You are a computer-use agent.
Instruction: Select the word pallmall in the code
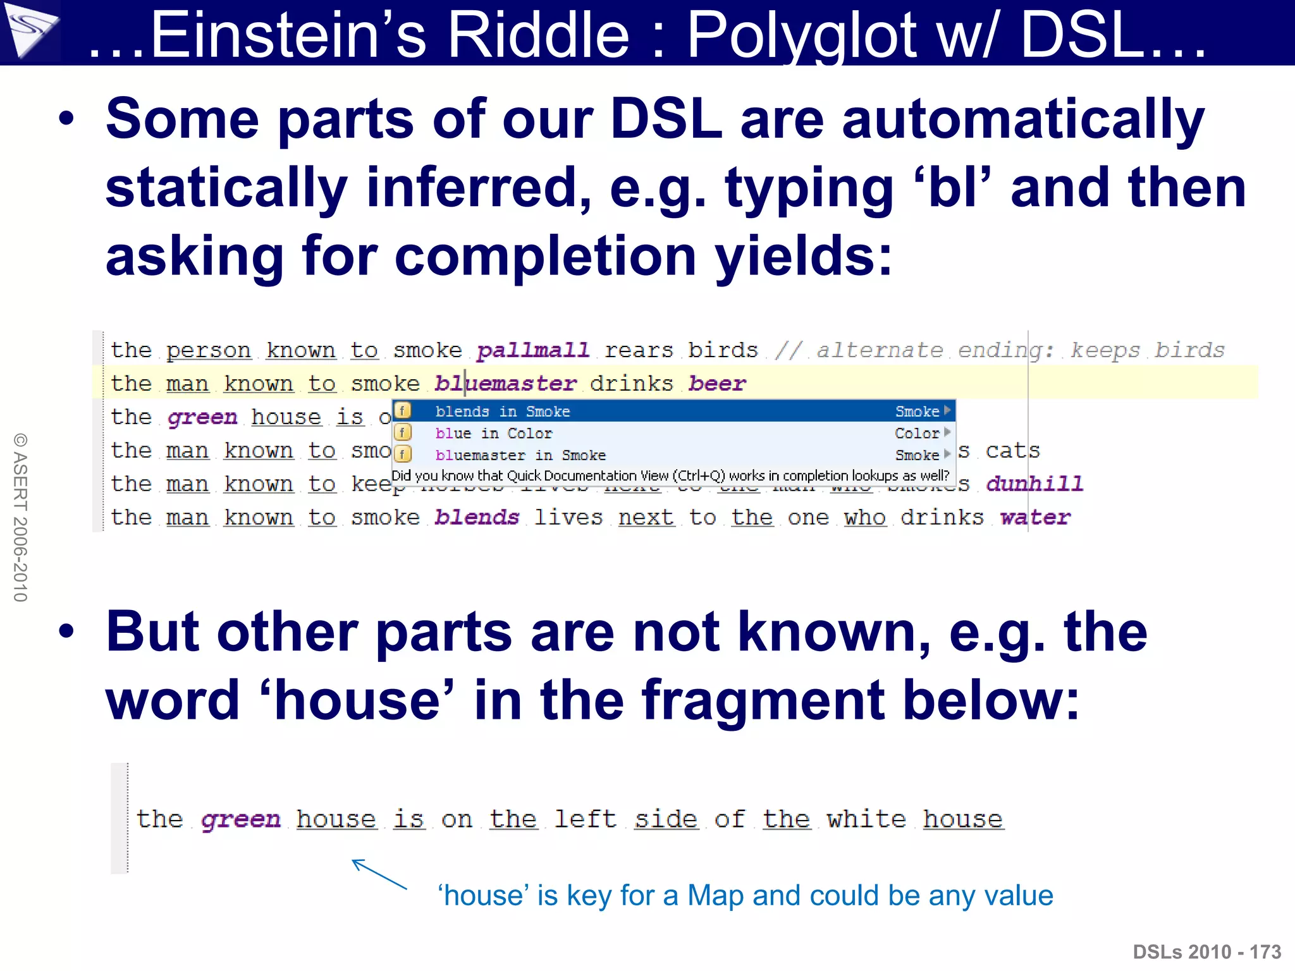coord(532,350)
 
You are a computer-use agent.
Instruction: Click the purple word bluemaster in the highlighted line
coord(505,384)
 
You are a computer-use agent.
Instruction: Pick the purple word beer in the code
coord(717,384)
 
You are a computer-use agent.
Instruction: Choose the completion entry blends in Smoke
coord(503,412)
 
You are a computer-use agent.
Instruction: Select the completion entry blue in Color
coord(494,434)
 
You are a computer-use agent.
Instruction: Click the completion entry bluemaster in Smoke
coord(520,455)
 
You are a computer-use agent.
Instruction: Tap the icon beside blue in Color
coord(403,433)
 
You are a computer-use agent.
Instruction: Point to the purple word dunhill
coord(1034,484)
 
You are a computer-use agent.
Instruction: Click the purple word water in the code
coord(1035,518)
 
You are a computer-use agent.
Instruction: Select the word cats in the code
coord(1012,451)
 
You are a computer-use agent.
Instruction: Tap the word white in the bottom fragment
coord(866,819)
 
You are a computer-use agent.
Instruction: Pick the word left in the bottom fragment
coord(585,819)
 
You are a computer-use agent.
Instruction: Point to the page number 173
coord(1265,952)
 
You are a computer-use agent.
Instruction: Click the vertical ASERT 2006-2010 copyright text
coord(21,517)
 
